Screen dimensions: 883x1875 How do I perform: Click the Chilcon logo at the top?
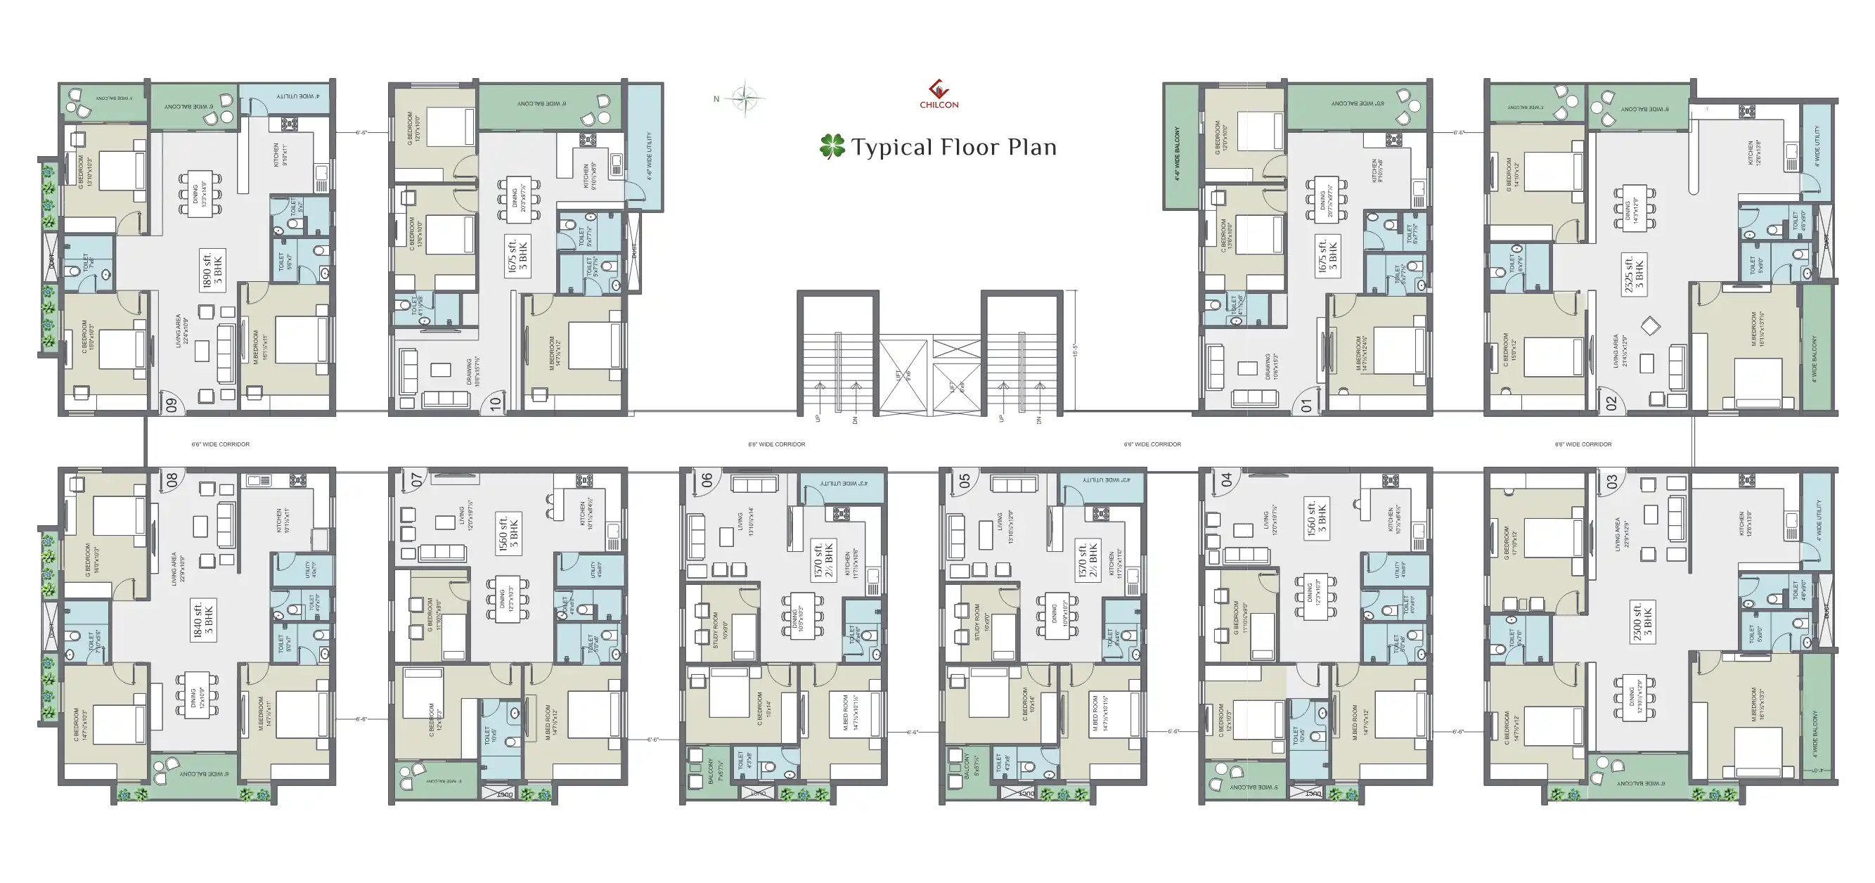coord(939,94)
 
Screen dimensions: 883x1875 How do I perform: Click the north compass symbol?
coord(745,98)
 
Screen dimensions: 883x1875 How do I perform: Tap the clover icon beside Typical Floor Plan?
coord(832,146)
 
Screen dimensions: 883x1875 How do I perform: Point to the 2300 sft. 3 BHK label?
coord(1642,621)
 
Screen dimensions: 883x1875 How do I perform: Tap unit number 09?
coord(172,405)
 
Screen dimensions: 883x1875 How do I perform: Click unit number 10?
coord(496,404)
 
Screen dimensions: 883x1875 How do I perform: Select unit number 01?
coord(1306,405)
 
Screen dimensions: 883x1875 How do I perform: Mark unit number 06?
coord(707,480)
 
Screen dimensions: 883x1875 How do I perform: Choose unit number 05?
coord(965,480)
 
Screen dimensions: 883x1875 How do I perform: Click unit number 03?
coord(1611,481)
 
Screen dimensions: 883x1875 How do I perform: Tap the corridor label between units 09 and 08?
coord(221,444)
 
